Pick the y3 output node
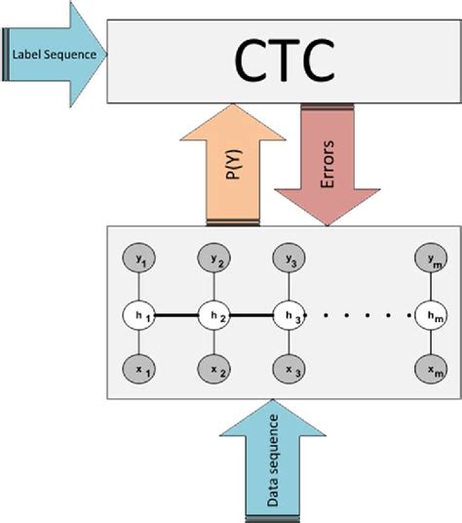290,261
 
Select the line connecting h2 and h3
251,315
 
